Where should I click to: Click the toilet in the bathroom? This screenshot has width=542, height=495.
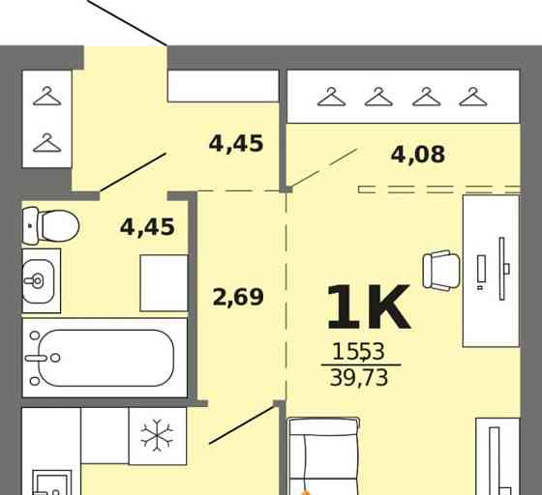[x=50, y=226]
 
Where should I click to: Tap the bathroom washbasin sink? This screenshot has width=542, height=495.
[x=38, y=281]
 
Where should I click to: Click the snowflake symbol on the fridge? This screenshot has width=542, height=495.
[x=157, y=435]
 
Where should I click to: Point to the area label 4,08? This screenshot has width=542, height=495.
[x=418, y=155]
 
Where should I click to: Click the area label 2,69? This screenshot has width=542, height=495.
[x=238, y=297]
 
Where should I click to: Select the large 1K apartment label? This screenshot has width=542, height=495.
[x=369, y=307]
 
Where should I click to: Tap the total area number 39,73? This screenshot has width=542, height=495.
[x=359, y=378]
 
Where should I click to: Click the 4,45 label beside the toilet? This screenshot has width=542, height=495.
[x=147, y=227]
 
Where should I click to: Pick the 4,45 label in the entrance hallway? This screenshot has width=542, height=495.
[x=236, y=143]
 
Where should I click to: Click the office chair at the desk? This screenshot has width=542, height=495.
[x=441, y=271]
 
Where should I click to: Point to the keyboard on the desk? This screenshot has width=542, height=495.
[x=482, y=268]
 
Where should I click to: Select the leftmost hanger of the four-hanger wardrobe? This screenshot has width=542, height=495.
[x=331, y=97]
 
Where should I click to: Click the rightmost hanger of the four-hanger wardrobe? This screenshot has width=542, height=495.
[x=473, y=97]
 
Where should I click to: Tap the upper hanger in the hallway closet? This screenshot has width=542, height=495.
[x=47, y=96]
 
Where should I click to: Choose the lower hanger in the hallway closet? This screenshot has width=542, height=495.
[x=47, y=143]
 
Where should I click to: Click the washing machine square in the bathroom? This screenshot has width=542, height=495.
[x=164, y=283]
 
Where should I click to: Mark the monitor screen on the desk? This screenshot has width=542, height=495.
[x=502, y=269]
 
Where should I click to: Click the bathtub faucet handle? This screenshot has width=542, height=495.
[x=36, y=358]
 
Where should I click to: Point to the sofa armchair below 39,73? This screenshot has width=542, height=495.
[x=323, y=455]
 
